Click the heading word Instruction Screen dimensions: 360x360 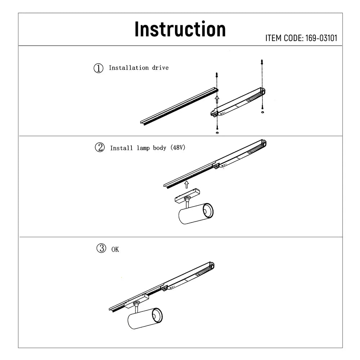180,29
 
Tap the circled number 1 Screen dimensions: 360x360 98,68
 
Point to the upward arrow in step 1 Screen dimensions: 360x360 216,99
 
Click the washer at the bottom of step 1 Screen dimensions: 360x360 217,132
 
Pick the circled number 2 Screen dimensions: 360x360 99,148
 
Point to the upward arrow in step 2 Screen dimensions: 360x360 186,184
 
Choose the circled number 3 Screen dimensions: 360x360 101,248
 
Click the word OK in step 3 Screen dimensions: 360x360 115,249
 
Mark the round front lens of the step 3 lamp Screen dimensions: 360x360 157,316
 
